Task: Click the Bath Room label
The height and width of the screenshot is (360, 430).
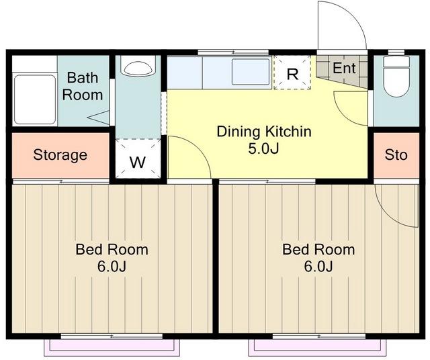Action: point(83,86)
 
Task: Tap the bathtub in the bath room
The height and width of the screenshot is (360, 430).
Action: point(35,99)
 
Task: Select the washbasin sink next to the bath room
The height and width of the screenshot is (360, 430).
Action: point(138,66)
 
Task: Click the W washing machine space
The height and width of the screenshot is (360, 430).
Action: point(138,159)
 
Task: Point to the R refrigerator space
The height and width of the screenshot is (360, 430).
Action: point(292,73)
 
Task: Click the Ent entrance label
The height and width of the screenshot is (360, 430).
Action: point(344,68)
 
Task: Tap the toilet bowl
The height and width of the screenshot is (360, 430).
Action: point(396,76)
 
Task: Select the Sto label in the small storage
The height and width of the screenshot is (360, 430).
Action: point(396,154)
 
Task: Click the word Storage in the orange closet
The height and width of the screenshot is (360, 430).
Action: point(60,155)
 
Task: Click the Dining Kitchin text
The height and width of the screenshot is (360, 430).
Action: point(264,132)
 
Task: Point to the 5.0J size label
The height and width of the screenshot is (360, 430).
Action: point(263,148)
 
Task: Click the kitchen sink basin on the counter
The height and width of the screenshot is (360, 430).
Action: point(251,72)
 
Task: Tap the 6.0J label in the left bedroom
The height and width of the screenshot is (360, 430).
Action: point(112,266)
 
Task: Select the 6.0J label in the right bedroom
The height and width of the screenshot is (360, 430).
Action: point(318,266)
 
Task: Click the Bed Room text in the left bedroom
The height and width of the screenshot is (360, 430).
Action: point(112,249)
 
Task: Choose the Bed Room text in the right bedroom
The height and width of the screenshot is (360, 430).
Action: point(318,249)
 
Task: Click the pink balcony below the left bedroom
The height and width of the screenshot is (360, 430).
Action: point(112,348)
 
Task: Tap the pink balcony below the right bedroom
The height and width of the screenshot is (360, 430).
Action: point(317,348)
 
